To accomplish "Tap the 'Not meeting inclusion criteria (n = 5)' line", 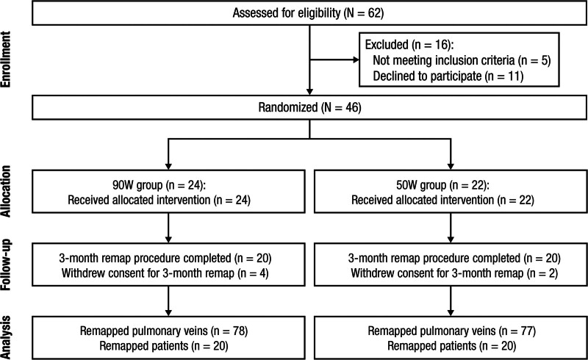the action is [462, 60].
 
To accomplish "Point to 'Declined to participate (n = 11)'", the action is [448, 76].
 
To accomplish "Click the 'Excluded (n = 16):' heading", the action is [409, 45].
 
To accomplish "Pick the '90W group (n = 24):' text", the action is [159, 185].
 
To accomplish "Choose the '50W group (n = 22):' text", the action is [442, 185].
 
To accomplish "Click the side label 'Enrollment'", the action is [6, 60].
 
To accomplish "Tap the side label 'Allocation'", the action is [6, 191].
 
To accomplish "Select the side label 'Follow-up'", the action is [6, 264].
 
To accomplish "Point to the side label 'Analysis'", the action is [6, 337].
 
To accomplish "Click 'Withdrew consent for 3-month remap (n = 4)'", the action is [165, 273].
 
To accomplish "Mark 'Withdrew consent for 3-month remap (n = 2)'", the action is [454, 273].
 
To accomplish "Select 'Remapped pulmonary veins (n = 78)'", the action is [164, 331].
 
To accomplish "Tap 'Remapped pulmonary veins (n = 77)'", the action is [452, 331].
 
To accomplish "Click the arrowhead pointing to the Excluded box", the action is [356, 60].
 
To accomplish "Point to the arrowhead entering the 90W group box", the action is [168, 166].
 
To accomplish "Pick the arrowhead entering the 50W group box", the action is [451, 166].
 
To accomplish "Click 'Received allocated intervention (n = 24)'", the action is [159, 200].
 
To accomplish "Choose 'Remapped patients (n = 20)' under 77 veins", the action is [452, 346].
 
